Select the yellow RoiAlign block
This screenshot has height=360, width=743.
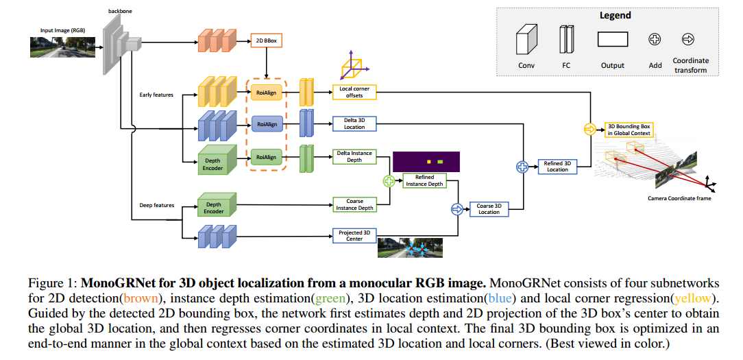tap(267, 93)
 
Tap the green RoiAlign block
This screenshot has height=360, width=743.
tap(267, 156)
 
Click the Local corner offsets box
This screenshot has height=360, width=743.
tap(354, 92)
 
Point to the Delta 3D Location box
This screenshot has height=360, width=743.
tap(354, 123)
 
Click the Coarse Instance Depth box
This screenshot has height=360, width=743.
tap(354, 204)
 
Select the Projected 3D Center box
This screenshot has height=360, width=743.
tap(354, 235)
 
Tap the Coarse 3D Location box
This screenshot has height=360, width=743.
tap(489, 209)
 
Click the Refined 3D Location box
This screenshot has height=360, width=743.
tap(557, 167)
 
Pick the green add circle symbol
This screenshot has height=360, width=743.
tap(389, 181)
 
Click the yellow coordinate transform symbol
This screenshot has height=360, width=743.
tap(589, 129)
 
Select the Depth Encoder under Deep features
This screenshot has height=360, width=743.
tap(215, 207)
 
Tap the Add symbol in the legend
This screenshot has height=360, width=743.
tap(654, 40)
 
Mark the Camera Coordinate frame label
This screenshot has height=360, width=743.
tap(679, 199)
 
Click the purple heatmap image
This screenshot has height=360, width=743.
tap(426, 162)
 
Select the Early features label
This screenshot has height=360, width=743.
tap(156, 95)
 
